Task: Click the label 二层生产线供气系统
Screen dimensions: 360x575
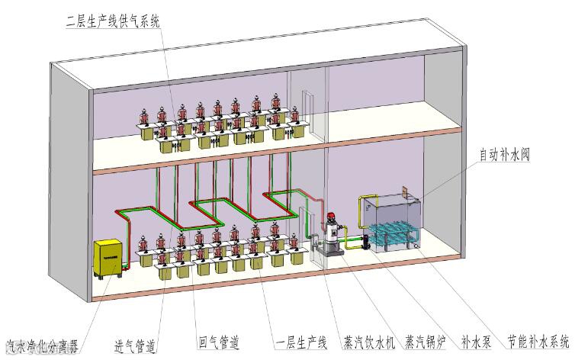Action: coord(114,21)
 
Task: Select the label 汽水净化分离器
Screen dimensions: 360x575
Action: coord(41,347)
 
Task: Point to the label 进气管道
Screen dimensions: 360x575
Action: coord(136,346)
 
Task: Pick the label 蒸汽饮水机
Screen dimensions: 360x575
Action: coord(369,343)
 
